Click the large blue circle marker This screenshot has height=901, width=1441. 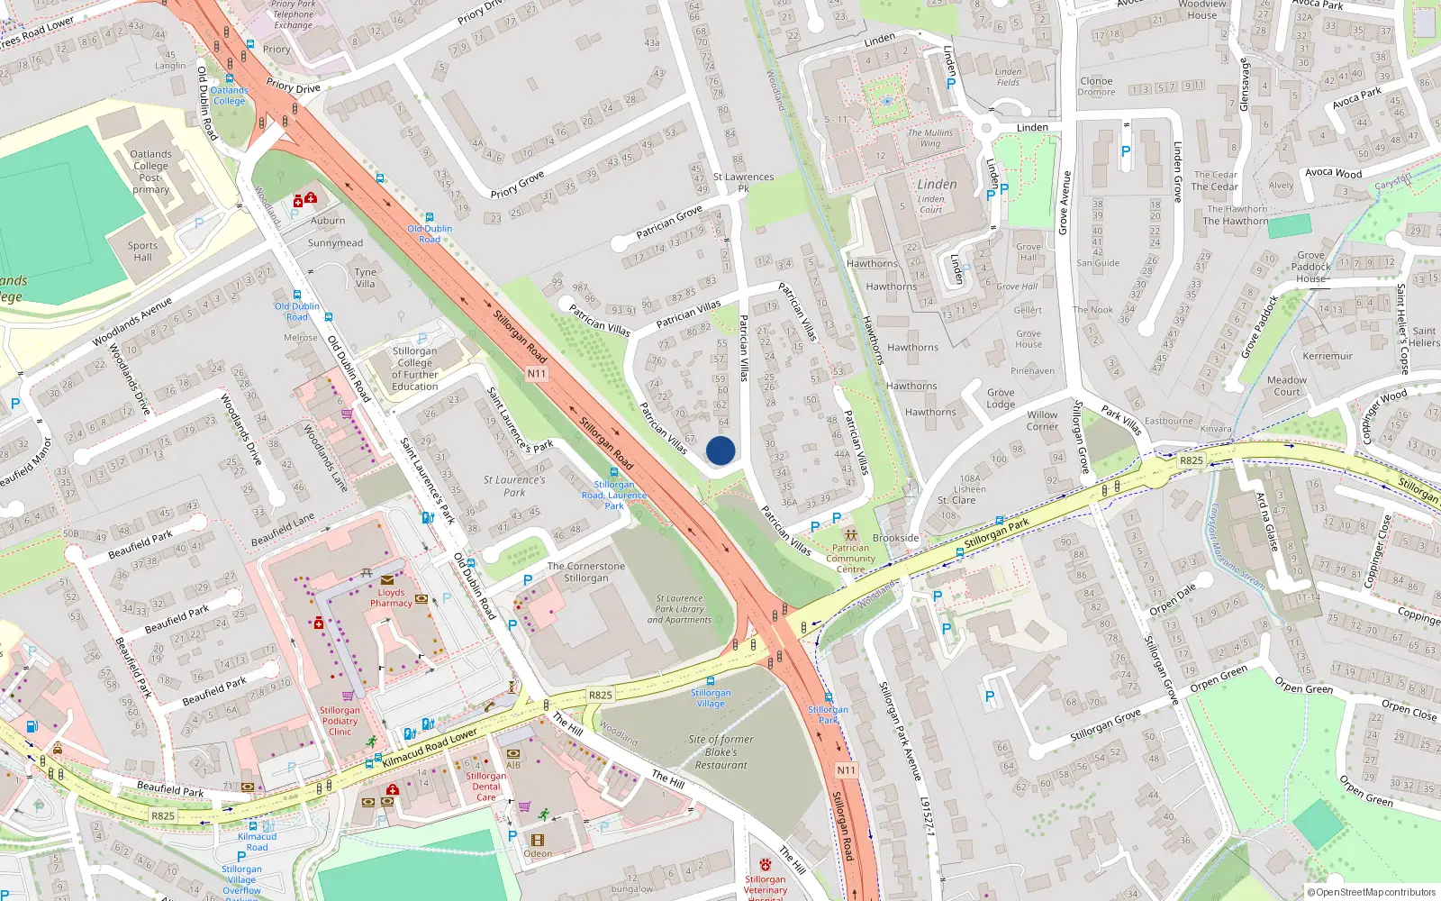point(720,450)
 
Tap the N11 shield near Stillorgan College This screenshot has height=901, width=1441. point(537,373)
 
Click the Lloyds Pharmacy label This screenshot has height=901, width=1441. point(391,598)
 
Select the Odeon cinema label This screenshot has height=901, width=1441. point(538,853)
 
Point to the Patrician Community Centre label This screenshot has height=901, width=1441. point(850,559)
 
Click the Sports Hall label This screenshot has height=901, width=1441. point(142,251)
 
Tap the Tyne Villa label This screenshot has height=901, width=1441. point(365,278)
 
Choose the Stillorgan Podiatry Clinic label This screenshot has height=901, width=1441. point(340,721)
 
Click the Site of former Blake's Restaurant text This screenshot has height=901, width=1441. point(720,752)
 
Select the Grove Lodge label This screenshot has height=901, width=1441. point(1001,398)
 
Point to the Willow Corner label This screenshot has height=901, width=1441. point(1042,421)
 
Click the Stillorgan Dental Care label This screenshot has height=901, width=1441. point(485,787)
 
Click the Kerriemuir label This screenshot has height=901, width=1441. point(1327,356)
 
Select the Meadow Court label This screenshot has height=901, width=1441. point(1286,386)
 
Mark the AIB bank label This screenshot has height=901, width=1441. point(513,765)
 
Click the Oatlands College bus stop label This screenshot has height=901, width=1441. point(229,96)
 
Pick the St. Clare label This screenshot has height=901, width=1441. point(956,500)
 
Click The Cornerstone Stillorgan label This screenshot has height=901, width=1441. point(585,572)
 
